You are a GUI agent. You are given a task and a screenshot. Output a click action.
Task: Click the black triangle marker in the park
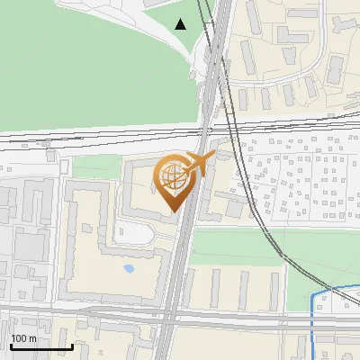click(x=181, y=24)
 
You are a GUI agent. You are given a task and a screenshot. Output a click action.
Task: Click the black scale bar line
click(x=40, y=346)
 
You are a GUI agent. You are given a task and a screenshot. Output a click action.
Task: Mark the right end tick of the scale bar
click(x=71, y=345)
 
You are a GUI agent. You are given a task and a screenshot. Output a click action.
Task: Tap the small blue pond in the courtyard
click(x=128, y=268)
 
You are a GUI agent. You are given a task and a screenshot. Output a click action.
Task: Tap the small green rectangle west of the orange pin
click(x=94, y=167)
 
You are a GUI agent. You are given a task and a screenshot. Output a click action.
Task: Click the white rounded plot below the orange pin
click(x=133, y=234)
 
